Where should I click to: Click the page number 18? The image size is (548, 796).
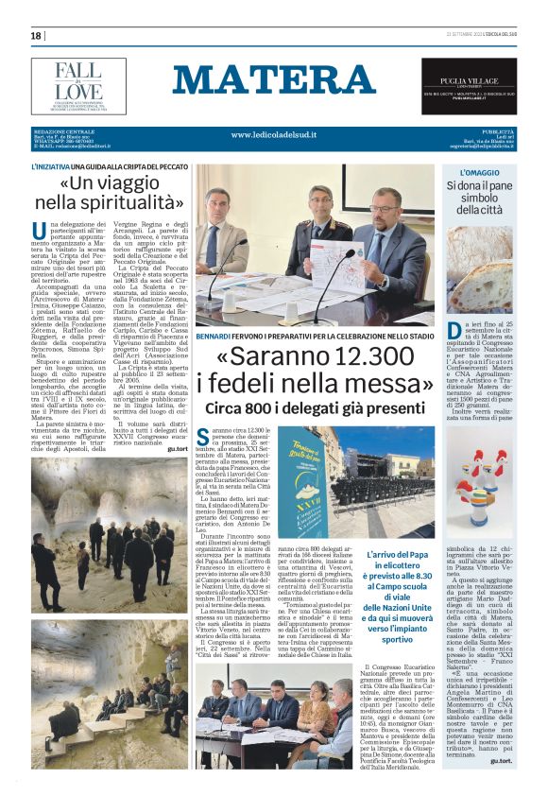click(x=36, y=36)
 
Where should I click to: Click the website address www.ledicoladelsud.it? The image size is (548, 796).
click(x=275, y=136)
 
